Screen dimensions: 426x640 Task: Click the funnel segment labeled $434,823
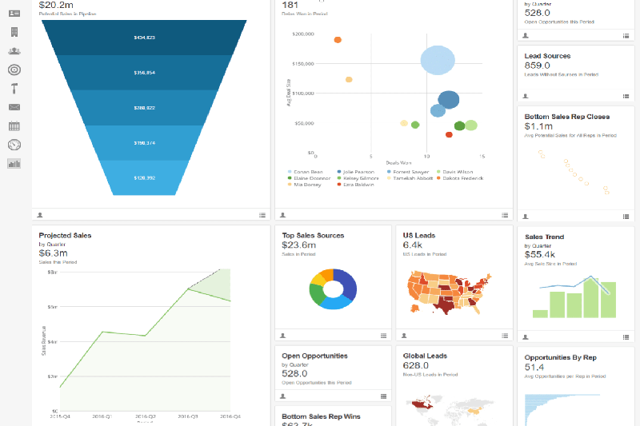click(x=145, y=38)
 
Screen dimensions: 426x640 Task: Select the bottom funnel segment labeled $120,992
click(x=145, y=177)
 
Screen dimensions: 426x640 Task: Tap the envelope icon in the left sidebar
click(x=14, y=107)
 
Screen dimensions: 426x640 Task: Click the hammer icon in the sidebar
click(x=14, y=88)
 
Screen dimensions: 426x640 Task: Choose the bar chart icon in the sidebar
click(x=14, y=164)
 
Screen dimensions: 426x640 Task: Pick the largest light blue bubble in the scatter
click(x=438, y=60)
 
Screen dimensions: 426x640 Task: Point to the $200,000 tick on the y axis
click(x=303, y=34)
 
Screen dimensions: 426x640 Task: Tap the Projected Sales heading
click(x=66, y=236)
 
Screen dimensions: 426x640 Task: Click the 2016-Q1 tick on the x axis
click(x=102, y=416)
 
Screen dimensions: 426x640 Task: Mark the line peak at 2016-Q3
click(x=188, y=289)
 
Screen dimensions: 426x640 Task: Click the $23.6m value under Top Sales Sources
click(x=299, y=245)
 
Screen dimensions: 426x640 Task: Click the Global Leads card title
click(x=426, y=356)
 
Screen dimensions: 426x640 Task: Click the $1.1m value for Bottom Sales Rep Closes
click(x=538, y=126)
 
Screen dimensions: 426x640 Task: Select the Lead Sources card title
click(x=547, y=56)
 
